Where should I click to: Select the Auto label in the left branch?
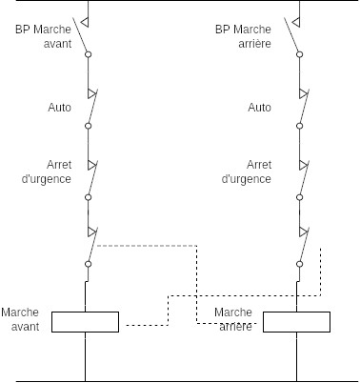point(60,108)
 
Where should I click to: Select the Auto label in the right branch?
point(260,108)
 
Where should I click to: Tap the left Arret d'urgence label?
point(46,171)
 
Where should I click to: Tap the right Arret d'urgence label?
point(247,171)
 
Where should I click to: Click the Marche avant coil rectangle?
point(85,321)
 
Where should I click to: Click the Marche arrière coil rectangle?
point(296,321)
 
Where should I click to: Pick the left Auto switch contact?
point(90,109)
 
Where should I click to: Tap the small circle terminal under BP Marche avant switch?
point(88,55)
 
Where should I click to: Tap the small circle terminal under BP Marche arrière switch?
point(301,55)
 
